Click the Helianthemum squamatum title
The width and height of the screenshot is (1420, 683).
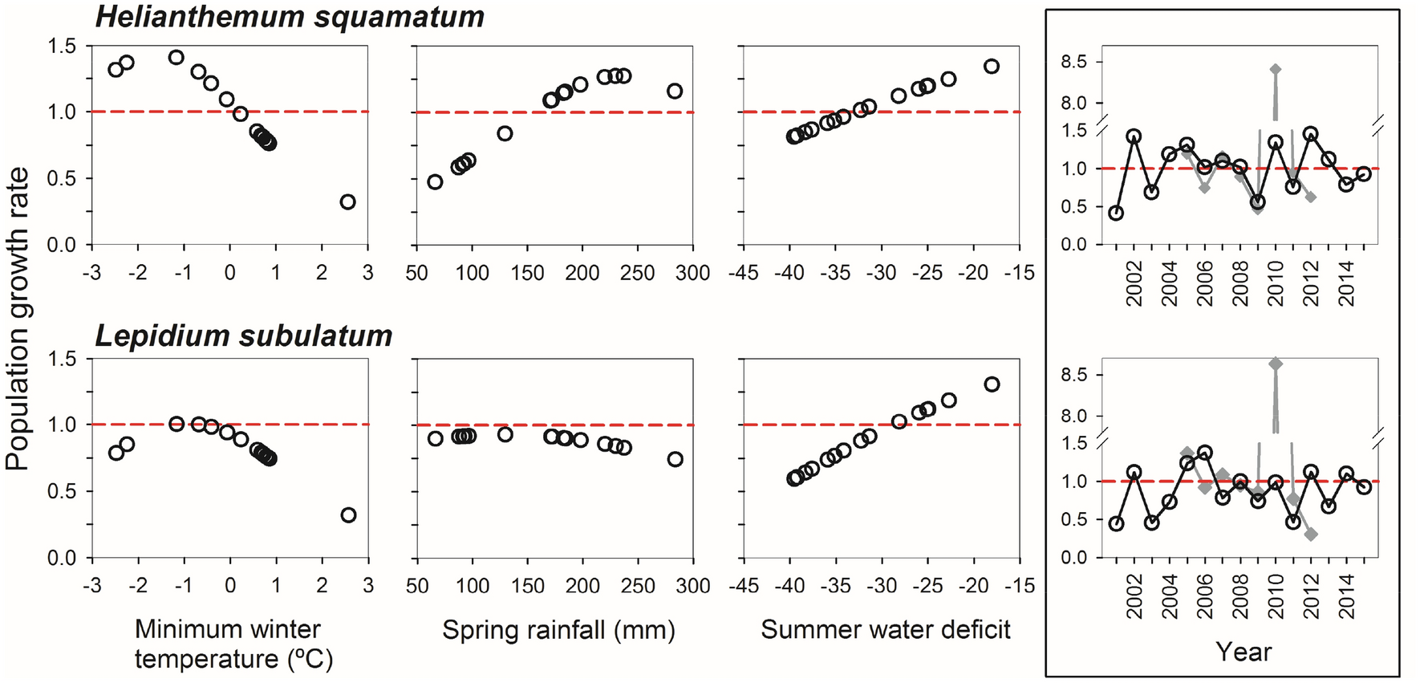tap(290, 17)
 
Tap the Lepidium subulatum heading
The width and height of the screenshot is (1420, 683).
tap(244, 335)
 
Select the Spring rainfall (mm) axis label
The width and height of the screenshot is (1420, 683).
tap(558, 630)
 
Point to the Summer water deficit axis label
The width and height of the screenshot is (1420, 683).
tap(885, 630)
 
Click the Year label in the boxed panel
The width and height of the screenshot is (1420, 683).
tap(1243, 652)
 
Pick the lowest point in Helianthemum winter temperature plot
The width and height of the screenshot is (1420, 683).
tap(347, 202)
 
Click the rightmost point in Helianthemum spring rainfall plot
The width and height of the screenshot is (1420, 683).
tap(675, 91)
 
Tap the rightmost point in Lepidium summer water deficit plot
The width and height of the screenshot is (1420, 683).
tap(992, 384)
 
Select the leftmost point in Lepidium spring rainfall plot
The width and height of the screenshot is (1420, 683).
tap(435, 439)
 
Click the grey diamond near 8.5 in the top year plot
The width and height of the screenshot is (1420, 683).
tap(1276, 70)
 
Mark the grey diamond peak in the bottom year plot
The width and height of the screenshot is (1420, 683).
tap(1276, 364)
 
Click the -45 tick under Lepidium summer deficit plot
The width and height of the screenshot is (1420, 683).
tap(744, 586)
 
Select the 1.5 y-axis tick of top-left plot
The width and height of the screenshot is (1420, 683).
tap(62, 47)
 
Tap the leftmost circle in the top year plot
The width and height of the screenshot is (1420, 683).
tap(1116, 213)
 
